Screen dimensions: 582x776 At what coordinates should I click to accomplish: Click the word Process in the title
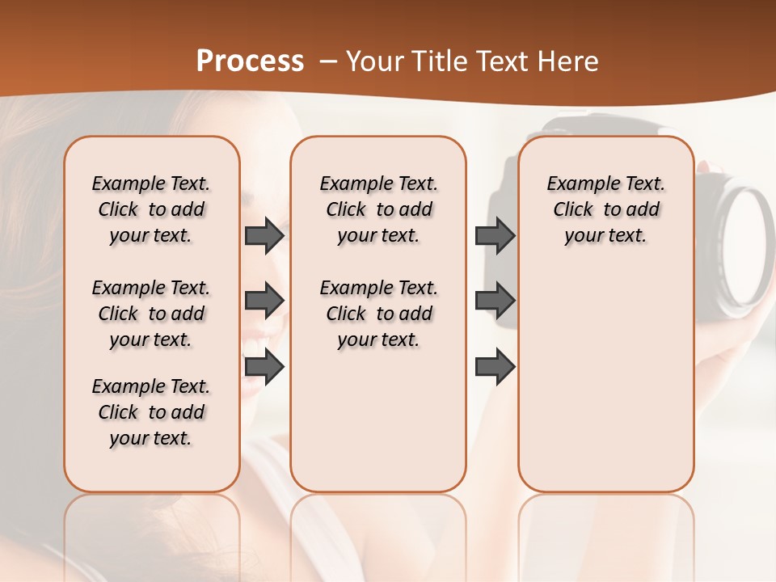click(x=250, y=61)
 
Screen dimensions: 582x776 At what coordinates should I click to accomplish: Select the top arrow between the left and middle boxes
click(x=264, y=235)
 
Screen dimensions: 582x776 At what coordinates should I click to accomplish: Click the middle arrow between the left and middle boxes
click(x=264, y=301)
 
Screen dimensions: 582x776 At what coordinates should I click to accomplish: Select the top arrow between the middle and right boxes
click(x=495, y=235)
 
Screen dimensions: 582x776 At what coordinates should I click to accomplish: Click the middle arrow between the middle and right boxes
click(x=495, y=301)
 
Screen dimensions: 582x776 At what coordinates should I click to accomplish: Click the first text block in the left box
click(x=151, y=209)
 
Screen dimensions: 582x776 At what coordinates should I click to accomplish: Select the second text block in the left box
click(x=151, y=314)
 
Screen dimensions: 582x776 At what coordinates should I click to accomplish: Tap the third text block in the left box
click(x=151, y=412)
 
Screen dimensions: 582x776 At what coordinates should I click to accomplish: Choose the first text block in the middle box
click(x=378, y=209)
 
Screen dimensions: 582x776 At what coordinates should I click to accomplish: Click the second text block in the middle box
click(x=378, y=314)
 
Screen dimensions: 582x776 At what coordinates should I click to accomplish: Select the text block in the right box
click(x=605, y=209)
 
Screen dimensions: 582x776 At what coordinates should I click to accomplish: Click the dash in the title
click(x=328, y=61)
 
